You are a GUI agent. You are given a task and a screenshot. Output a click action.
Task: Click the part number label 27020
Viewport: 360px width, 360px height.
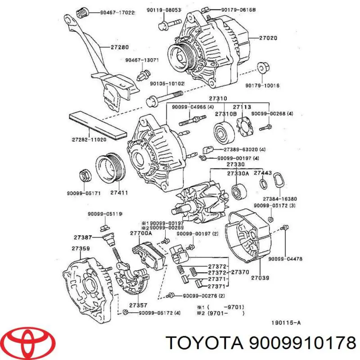pos(269,39)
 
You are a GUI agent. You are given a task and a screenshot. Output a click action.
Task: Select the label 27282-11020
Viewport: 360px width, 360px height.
pos(89,139)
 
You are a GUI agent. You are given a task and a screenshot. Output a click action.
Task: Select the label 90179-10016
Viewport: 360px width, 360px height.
pos(274,85)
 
